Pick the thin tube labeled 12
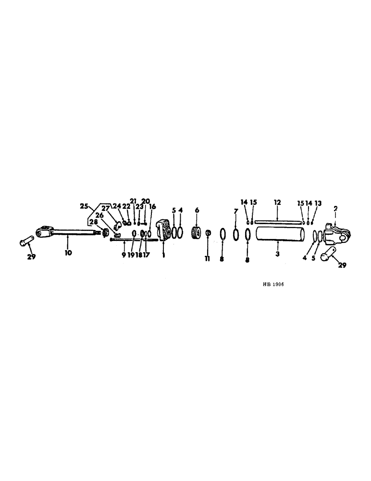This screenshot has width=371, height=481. coord(278,221)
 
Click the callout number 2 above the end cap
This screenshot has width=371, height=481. coord(335,208)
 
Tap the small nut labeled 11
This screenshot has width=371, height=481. coord(208,233)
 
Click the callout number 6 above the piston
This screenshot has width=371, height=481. coord(196,211)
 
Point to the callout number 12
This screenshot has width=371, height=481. coord(277,203)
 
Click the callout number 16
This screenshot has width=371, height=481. coord(152,207)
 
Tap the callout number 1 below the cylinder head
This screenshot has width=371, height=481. coord(163,256)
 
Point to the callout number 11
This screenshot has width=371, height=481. coord(208,259)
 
